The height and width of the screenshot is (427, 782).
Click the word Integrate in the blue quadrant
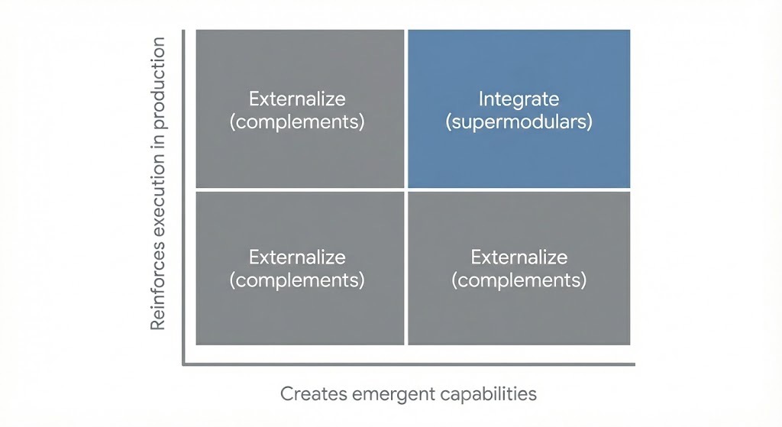point(519,99)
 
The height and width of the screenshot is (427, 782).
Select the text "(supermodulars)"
point(519,121)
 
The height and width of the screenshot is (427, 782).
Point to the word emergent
point(388,394)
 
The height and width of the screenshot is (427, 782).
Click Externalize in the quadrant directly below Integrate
point(519,257)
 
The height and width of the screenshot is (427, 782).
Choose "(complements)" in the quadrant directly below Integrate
point(519,280)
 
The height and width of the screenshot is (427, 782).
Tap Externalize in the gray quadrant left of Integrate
point(297,99)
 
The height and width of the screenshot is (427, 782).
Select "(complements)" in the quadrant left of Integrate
point(297,121)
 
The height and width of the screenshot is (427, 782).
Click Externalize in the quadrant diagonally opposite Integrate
point(297,257)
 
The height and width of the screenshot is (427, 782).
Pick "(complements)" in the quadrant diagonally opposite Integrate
point(297,280)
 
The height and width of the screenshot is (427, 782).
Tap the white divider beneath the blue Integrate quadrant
point(519,189)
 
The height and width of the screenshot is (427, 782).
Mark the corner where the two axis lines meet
point(183,364)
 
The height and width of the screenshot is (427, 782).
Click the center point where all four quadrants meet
point(406,189)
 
